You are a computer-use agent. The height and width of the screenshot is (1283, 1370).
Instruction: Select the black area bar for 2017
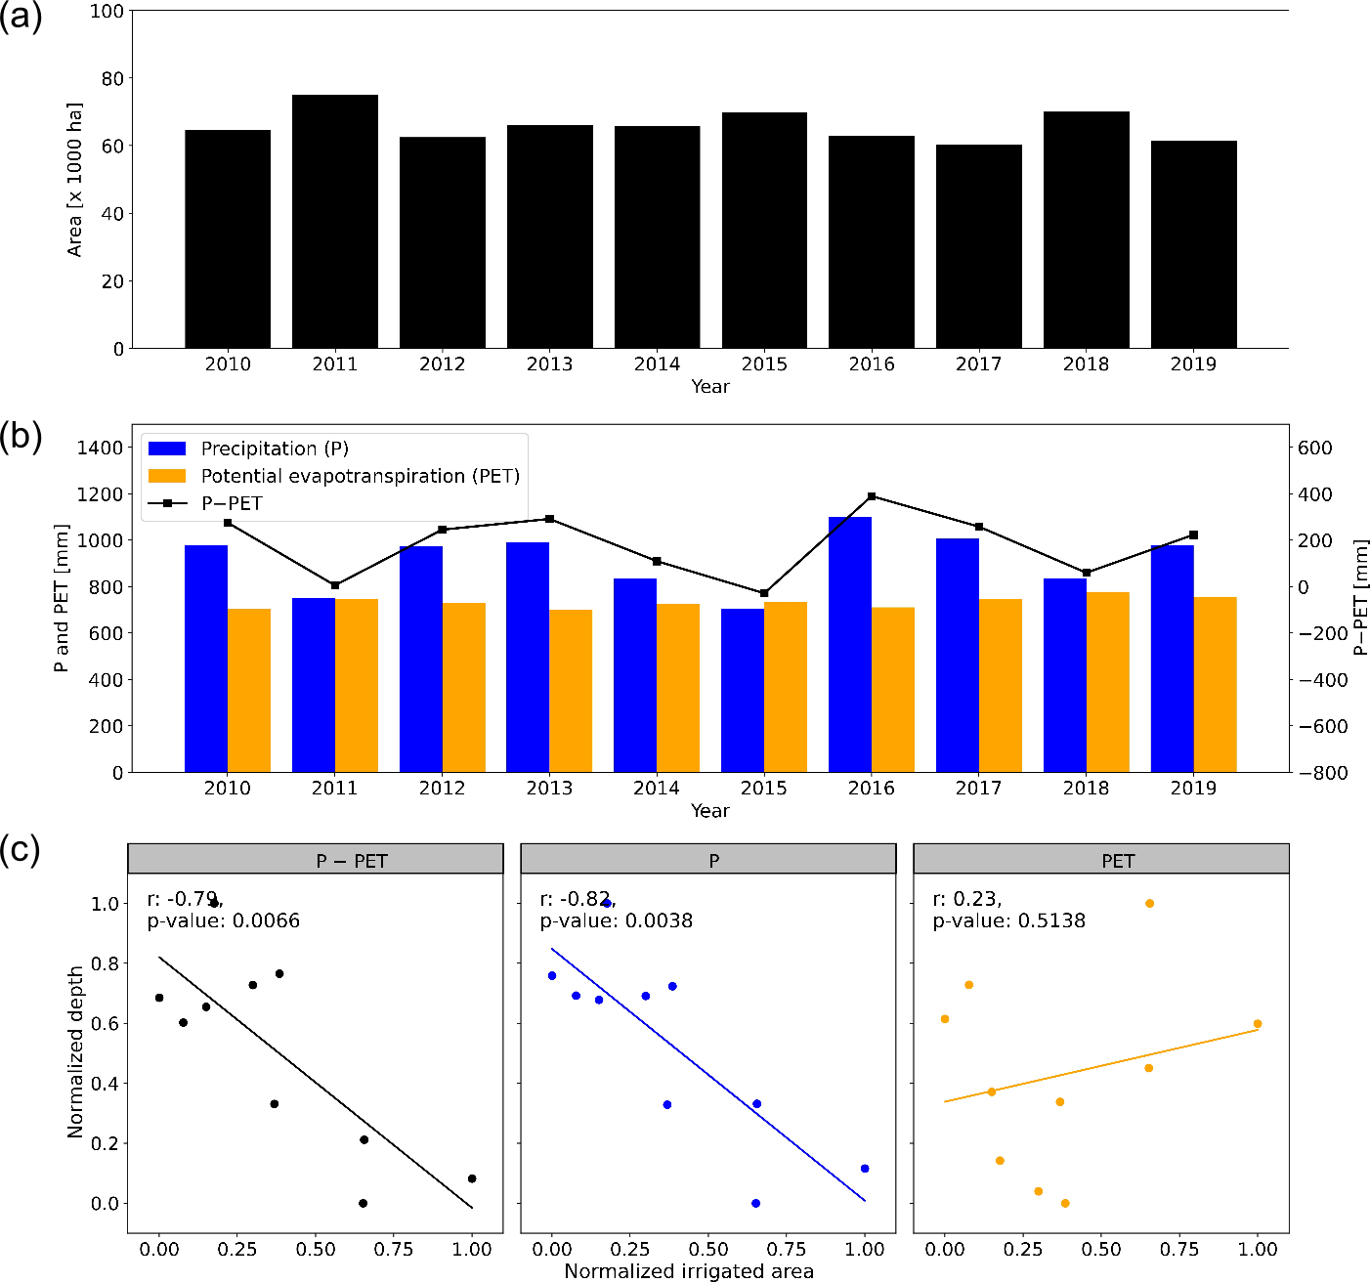978,246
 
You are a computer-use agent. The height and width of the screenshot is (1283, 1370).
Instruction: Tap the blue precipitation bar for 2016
850,645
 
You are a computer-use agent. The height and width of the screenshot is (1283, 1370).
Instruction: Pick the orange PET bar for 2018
1108,682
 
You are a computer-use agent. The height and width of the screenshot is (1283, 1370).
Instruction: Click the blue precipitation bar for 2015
743,690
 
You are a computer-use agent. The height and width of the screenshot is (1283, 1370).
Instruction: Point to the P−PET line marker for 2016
872,496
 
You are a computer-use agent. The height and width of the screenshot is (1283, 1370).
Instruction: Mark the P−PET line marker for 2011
335,585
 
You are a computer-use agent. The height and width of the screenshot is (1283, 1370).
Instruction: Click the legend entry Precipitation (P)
275,449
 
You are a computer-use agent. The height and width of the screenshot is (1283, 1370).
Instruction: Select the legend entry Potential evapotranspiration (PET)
360,476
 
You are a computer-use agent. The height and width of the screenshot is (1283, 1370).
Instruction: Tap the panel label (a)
21,18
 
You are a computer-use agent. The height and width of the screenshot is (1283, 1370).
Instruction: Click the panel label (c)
21,850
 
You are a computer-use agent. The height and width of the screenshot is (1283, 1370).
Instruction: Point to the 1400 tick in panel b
101,448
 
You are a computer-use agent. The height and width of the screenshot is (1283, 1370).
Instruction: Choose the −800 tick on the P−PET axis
1323,773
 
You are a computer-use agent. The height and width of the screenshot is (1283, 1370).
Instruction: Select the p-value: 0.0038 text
616,920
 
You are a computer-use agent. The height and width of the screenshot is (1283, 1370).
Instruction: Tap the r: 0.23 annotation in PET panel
966,899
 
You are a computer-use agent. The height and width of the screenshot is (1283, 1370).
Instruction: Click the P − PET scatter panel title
352,861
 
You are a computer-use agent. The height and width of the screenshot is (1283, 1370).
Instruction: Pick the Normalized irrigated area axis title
689,1271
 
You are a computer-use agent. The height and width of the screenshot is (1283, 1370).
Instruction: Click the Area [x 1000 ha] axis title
75,180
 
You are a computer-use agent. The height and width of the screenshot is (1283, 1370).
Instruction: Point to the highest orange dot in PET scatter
1149,903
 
